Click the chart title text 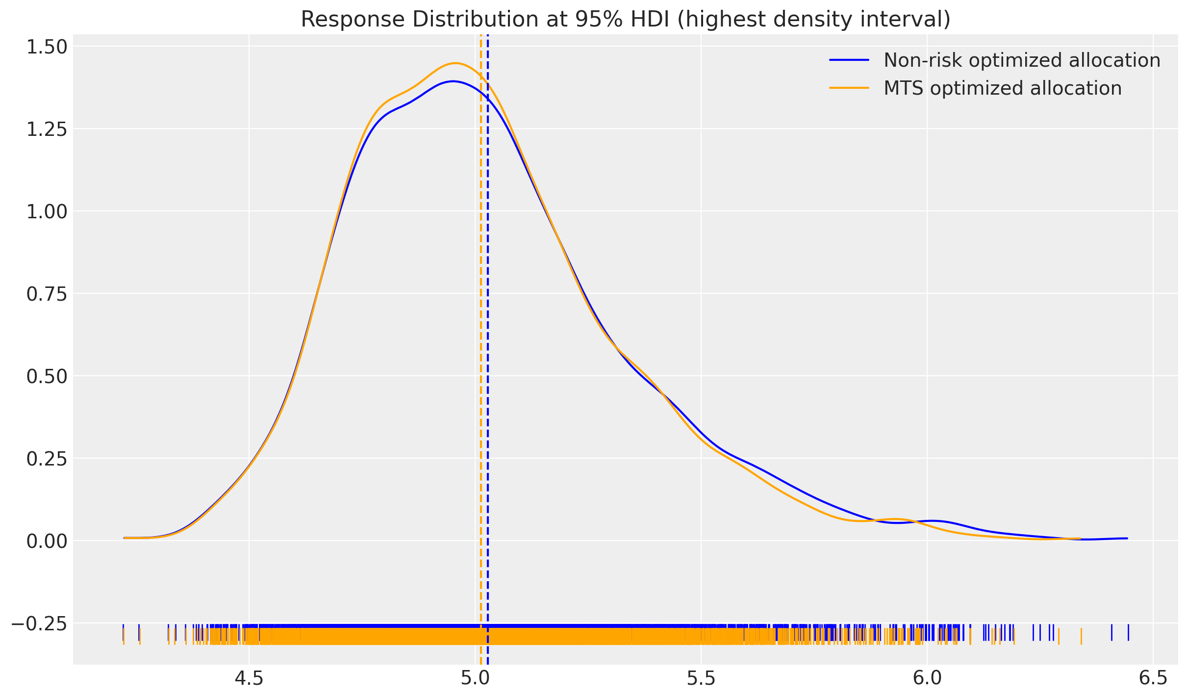[625, 20]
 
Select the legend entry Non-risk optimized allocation [1022, 60]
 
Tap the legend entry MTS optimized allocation [1002, 89]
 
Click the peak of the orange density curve [455, 63]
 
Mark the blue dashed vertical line [488, 343]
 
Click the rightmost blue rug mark [1128, 632]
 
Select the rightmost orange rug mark [1081, 636]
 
